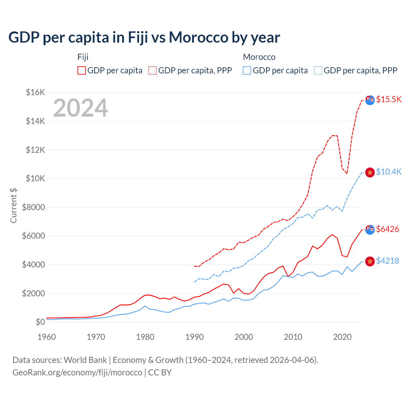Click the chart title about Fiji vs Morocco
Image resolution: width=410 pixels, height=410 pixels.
(x=144, y=37)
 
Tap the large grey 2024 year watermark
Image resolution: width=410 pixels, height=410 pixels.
(x=80, y=108)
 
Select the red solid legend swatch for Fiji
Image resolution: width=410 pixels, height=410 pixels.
(x=82, y=70)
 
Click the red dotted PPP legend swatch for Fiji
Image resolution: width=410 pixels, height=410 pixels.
(x=152, y=70)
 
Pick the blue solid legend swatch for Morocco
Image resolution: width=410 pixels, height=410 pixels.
(x=247, y=70)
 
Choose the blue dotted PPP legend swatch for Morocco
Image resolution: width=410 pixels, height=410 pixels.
(x=318, y=70)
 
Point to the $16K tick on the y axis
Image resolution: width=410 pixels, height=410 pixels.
(x=35, y=93)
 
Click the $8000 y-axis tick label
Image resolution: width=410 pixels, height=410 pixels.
(x=33, y=207)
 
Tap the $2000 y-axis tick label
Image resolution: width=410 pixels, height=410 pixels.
(x=33, y=293)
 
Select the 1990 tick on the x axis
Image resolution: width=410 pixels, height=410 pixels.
(x=194, y=337)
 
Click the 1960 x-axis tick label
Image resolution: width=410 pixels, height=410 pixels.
(x=47, y=337)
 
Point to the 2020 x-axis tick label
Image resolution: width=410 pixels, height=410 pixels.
(x=342, y=337)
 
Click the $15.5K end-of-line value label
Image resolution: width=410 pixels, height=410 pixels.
(x=389, y=99)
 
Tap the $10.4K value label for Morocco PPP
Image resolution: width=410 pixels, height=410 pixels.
(x=389, y=172)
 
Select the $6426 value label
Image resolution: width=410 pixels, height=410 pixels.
(x=388, y=229)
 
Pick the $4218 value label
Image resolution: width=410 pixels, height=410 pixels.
(x=388, y=261)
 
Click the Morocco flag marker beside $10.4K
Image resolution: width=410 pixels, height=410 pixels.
(x=370, y=172)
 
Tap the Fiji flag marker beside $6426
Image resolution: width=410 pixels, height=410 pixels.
(x=370, y=229)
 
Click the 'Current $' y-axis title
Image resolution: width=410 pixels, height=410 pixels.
(x=13, y=206)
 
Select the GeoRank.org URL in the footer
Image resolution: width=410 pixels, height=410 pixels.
(x=77, y=373)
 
